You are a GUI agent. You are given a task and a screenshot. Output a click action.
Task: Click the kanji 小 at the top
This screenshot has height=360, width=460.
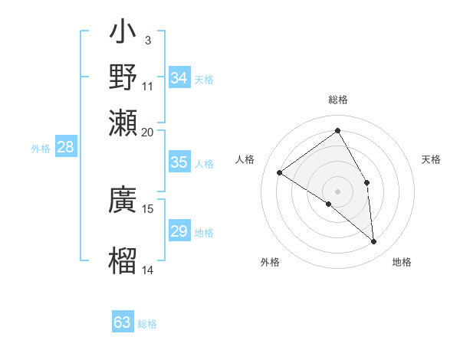coord(123,34)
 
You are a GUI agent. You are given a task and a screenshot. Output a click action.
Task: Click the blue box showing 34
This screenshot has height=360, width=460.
coord(179,78)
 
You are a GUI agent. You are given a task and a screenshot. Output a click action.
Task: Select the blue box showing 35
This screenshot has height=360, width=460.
coord(179,162)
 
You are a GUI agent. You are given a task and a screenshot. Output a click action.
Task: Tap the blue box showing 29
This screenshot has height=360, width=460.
coord(179,231)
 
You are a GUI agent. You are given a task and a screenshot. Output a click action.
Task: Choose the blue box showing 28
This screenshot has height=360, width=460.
coord(65,147)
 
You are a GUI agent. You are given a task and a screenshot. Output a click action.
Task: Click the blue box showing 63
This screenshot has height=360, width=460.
coord(123,322)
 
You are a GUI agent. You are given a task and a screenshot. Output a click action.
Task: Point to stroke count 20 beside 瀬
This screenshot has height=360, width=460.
coord(148,132)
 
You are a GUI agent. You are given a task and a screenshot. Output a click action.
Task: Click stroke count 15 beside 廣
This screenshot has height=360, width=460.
coord(148,208)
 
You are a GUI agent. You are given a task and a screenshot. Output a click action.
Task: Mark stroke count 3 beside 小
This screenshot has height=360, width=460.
coord(147,40)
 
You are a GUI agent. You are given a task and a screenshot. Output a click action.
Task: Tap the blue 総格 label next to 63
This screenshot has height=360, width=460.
coord(147,324)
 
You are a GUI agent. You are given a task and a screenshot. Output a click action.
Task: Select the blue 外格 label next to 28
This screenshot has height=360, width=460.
coord(41,149)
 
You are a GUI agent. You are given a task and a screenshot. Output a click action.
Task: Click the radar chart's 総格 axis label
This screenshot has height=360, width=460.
coord(338,100)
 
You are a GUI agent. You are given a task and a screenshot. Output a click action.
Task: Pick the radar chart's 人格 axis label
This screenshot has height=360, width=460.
coord(245,159)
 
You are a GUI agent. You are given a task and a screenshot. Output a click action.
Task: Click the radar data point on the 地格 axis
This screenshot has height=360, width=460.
coord(373,242)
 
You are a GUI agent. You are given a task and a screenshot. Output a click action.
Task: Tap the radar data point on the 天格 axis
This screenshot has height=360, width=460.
coord(367,182)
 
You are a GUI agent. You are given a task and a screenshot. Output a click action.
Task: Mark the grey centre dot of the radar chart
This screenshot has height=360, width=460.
coord(338,191)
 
